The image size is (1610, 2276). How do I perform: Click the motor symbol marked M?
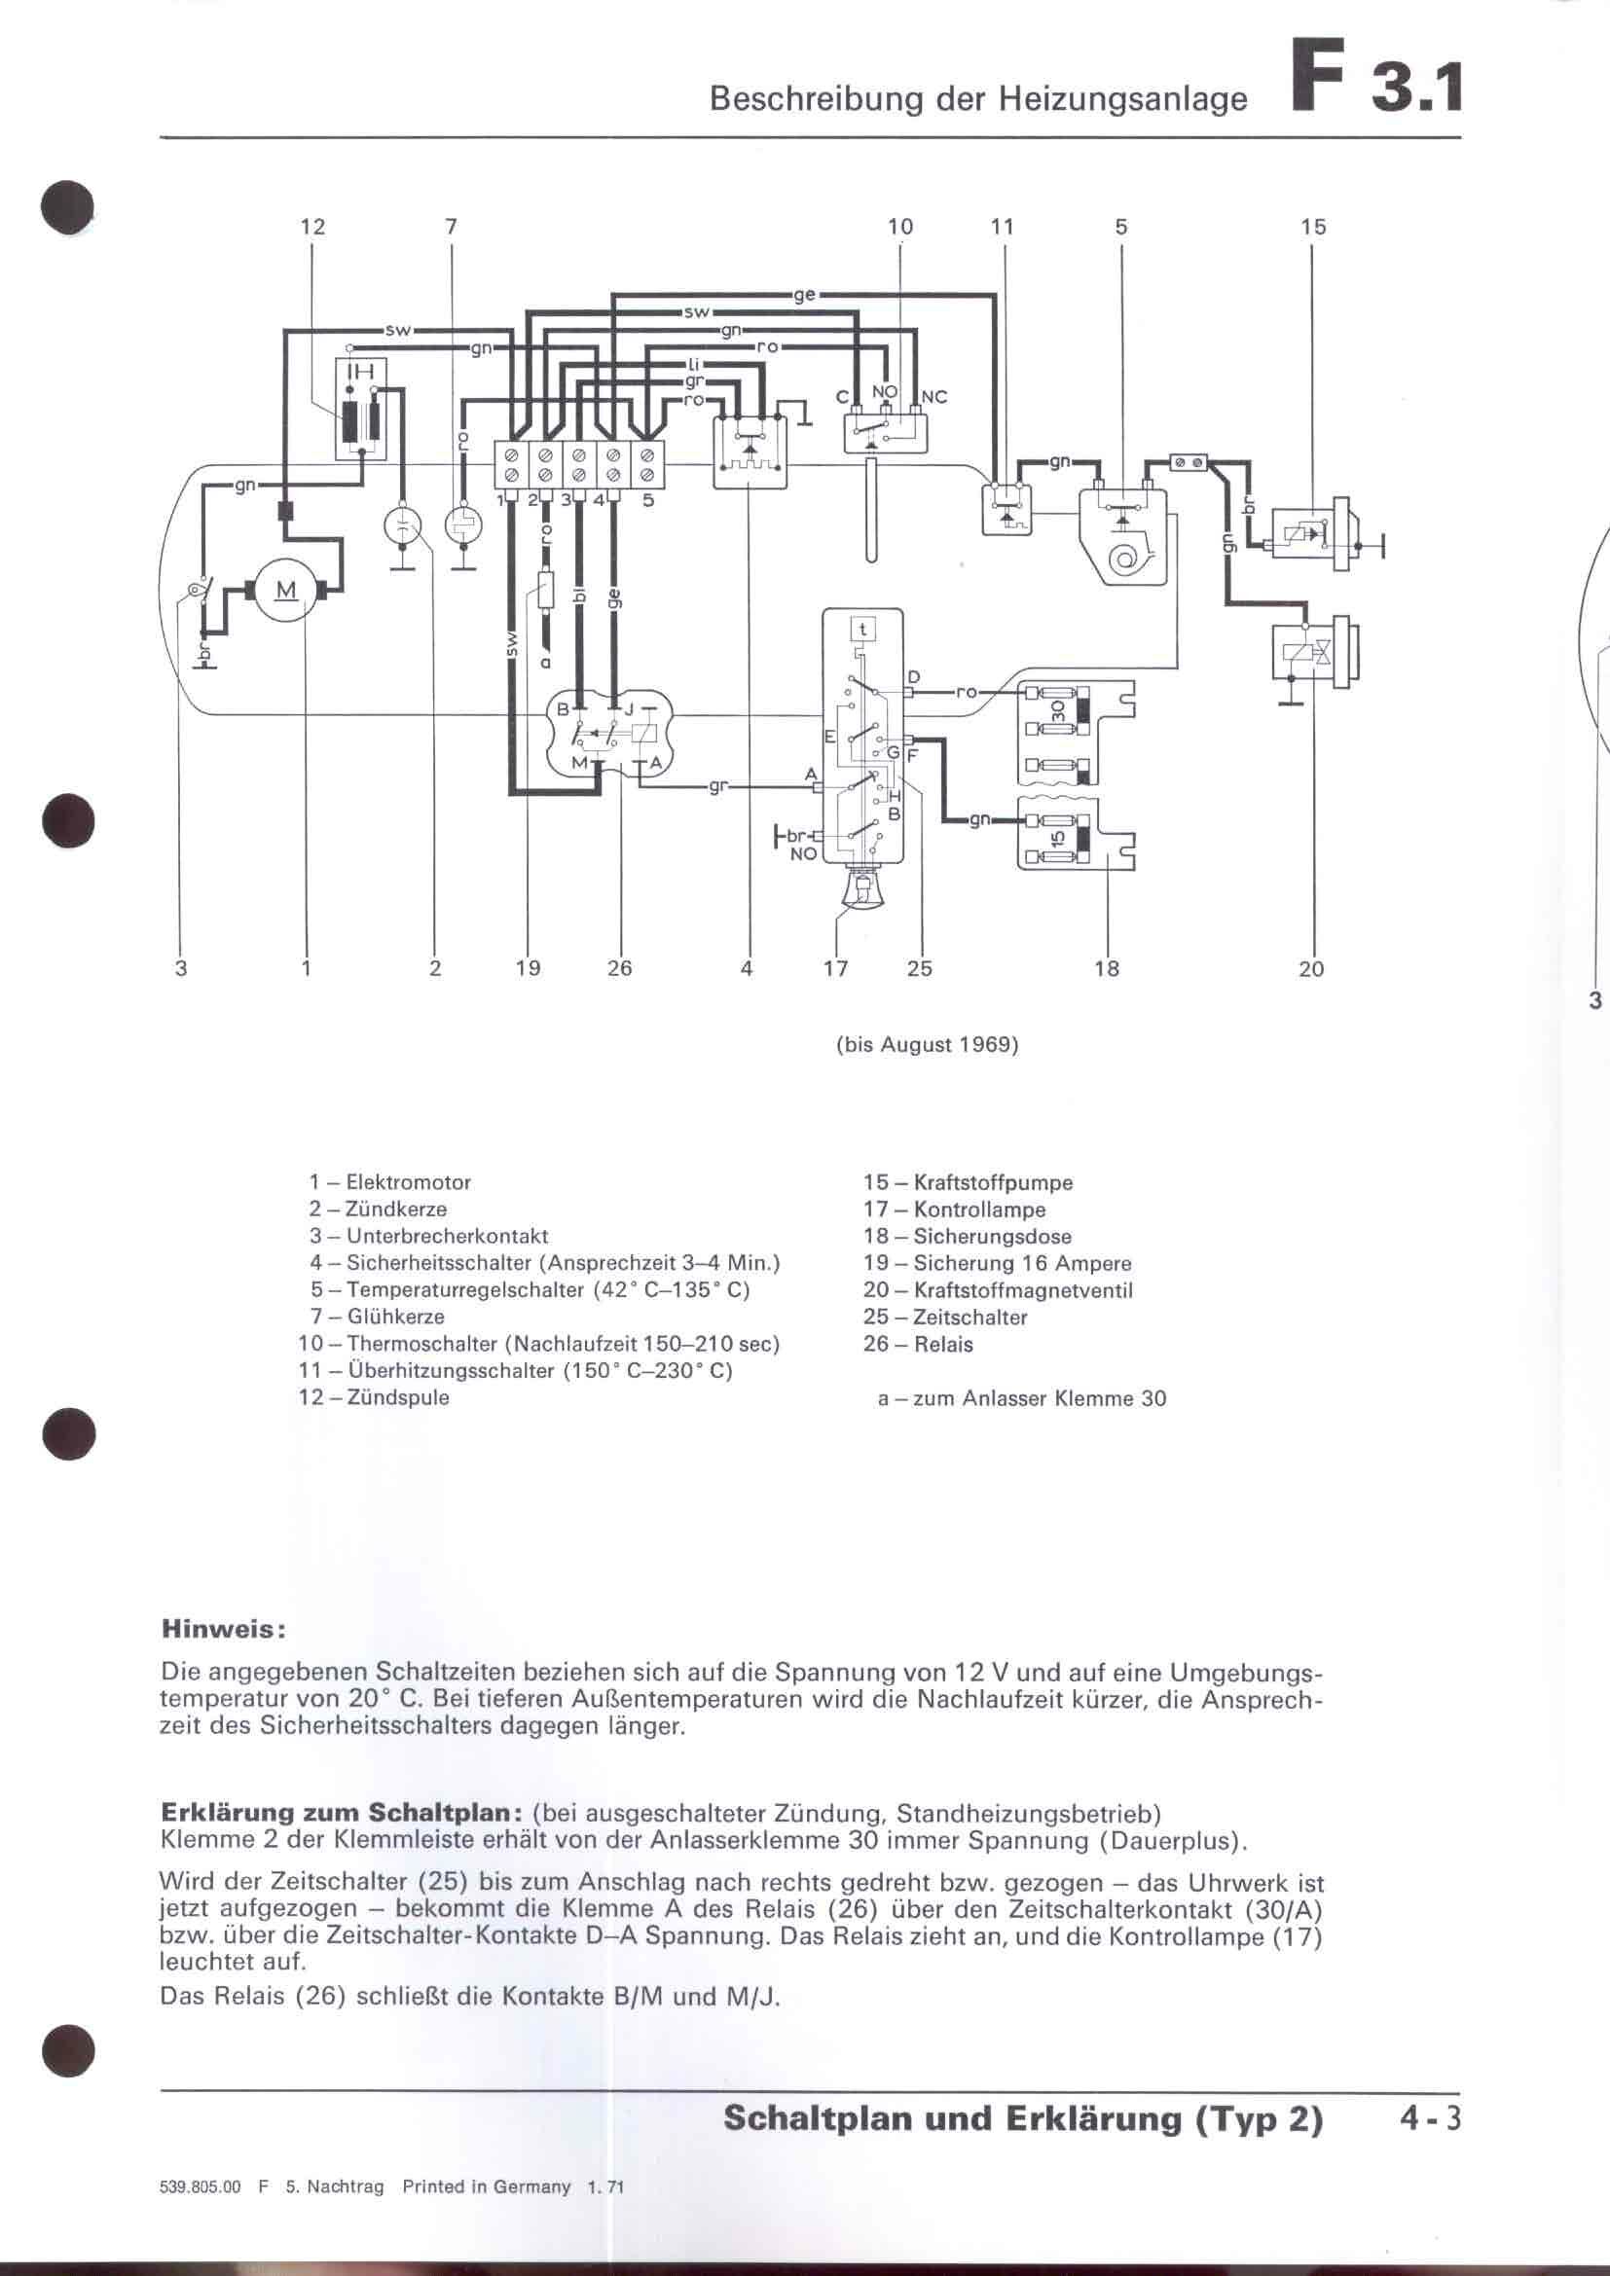click(285, 592)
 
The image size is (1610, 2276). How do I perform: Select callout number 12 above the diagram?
click(312, 227)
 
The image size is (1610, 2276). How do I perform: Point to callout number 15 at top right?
click(1312, 227)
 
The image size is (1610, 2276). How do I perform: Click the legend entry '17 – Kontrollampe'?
click(954, 1210)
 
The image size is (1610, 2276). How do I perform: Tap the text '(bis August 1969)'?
click(927, 1045)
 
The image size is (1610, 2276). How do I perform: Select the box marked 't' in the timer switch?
click(863, 629)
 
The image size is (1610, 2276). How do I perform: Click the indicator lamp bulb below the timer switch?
click(861, 888)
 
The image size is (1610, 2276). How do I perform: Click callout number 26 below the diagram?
click(620, 968)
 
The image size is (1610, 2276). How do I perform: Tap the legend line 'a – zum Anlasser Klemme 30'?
click(1021, 1398)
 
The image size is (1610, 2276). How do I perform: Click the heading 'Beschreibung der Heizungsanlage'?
click(978, 99)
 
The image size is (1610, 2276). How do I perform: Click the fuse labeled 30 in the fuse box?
click(1058, 710)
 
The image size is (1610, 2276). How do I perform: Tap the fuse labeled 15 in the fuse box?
click(1058, 838)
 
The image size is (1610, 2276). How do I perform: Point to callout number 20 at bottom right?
click(1310, 968)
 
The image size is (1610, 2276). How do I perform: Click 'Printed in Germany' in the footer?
click(486, 2186)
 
